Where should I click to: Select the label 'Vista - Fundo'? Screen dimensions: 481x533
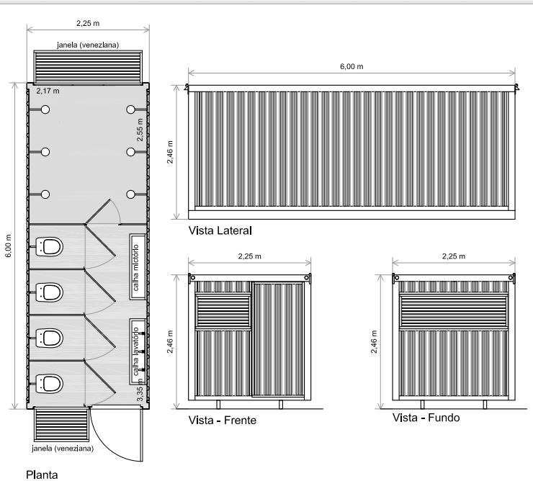pyautogui.click(x=426, y=418)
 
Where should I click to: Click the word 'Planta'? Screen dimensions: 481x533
pyautogui.click(x=40, y=475)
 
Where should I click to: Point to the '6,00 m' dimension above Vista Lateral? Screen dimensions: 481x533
pyautogui.click(x=351, y=66)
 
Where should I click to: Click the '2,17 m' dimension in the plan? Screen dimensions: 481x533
pyautogui.click(x=48, y=91)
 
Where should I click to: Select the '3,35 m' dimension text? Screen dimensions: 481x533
pyautogui.click(x=140, y=392)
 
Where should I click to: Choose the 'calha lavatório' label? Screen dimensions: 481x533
pyautogui.click(x=136, y=349)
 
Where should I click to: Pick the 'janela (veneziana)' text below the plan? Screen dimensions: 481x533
pyautogui.click(x=63, y=449)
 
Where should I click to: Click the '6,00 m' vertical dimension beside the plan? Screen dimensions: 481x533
pyautogui.click(x=9, y=246)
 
